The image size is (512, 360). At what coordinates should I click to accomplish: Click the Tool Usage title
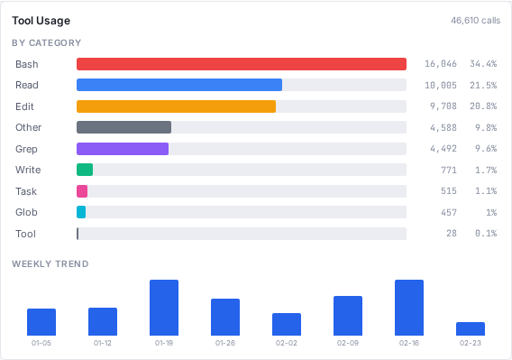(x=41, y=20)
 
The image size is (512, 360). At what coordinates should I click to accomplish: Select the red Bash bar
(x=242, y=64)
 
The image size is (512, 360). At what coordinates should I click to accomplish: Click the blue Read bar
(x=179, y=85)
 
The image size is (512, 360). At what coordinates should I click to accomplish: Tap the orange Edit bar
(x=176, y=106)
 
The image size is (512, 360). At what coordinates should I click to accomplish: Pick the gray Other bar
(x=123, y=127)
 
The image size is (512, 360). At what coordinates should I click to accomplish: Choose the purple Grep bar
(x=123, y=149)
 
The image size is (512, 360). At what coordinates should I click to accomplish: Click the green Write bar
(x=85, y=170)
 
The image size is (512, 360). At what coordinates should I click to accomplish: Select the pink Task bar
(x=82, y=191)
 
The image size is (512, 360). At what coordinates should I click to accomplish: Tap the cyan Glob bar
(x=81, y=212)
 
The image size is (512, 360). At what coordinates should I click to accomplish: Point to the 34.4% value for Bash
(x=483, y=64)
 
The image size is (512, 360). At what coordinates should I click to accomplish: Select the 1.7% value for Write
(x=486, y=170)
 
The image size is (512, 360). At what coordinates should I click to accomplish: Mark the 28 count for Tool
(x=452, y=234)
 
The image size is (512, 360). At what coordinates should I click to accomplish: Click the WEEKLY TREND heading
(x=50, y=263)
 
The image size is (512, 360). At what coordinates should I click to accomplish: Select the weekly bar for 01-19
(x=164, y=308)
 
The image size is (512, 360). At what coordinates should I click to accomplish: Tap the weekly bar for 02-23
(x=471, y=328)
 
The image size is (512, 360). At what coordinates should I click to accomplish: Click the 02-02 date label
(x=287, y=343)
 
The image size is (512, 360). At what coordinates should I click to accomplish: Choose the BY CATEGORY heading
(x=47, y=42)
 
